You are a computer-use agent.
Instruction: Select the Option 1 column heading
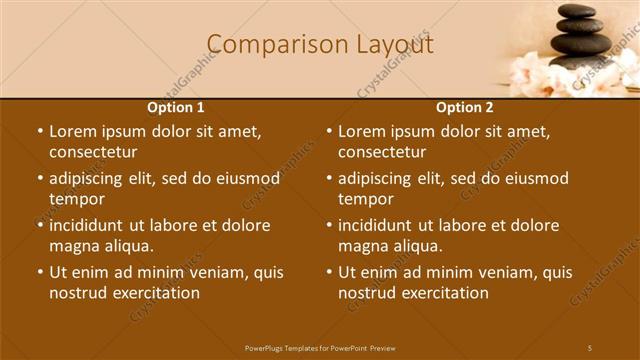[176, 107]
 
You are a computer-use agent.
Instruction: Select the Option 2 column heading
[465, 107]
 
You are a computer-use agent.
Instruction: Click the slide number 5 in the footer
[589, 347]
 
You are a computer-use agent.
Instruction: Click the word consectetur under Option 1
[93, 152]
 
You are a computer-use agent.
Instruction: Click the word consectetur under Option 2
[382, 152]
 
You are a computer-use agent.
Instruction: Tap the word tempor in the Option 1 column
[77, 199]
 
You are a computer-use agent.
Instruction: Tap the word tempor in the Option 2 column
[366, 199]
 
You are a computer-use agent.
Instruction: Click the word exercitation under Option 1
[159, 293]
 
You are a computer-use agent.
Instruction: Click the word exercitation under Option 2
[448, 293]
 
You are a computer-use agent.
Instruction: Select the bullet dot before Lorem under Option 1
[39, 131]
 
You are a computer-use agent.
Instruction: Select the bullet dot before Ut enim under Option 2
[328, 272]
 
